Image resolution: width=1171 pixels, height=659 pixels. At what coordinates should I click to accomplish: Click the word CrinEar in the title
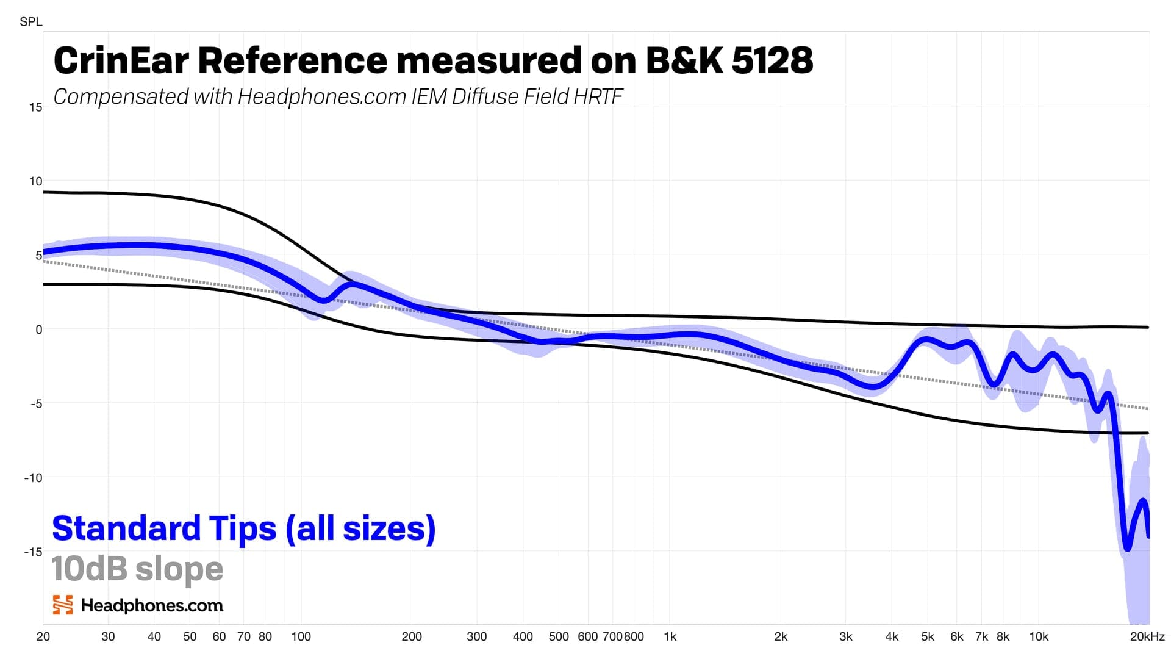coord(122,60)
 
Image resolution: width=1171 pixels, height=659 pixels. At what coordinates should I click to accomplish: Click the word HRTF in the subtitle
coord(598,96)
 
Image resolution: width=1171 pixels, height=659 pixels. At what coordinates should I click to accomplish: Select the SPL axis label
coord(30,22)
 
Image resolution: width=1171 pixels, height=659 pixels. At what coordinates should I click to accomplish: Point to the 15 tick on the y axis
coord(35,107)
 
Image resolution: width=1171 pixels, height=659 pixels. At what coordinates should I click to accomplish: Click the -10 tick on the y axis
coord(34,478)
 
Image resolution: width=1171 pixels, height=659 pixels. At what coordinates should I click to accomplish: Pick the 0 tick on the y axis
coord(38,329)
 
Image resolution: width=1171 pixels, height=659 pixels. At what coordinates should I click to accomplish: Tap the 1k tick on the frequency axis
coord(670,637)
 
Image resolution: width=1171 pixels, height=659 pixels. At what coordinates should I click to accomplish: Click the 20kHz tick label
coord(1147,637)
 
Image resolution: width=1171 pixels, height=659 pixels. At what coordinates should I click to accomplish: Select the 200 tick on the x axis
coord(412,637)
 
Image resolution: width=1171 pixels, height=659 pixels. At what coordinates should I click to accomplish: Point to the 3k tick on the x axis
coord(845,637)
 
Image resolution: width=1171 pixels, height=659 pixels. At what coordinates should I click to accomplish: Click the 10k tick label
coord(1038,637)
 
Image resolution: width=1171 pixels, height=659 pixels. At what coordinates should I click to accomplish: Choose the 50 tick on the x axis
coord(190,637)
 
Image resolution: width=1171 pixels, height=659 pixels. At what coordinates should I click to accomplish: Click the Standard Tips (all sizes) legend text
coord(244,528)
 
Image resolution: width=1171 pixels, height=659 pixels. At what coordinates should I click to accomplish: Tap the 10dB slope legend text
coord(137,569)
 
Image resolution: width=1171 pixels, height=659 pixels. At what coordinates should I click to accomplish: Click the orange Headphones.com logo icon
coord(63,605)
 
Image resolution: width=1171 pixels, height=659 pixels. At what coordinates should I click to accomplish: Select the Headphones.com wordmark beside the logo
coord(152,605)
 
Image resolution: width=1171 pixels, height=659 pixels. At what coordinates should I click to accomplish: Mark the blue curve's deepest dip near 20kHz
coord(1127,548)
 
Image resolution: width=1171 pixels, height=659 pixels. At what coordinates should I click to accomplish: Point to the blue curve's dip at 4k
coord(873,386)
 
